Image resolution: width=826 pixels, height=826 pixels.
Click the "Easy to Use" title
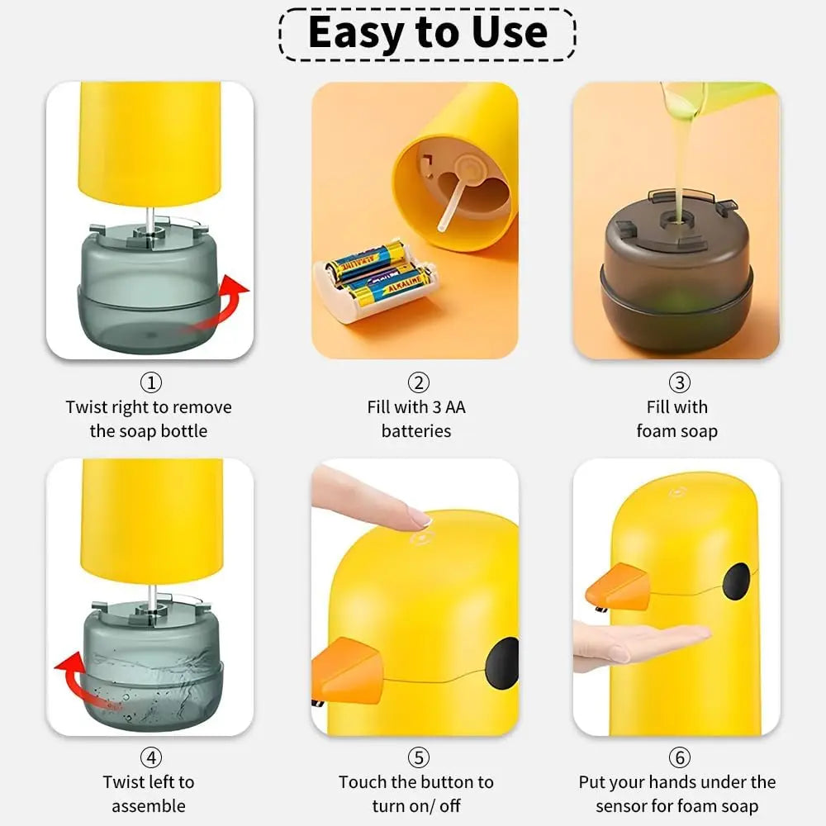tap(427, 33)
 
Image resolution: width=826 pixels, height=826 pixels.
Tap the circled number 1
tap(151, 382)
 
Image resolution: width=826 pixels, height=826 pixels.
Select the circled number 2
tap(418, 382)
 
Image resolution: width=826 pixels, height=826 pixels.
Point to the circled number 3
tap(680, 382)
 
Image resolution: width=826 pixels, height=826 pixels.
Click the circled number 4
tap(151, 757)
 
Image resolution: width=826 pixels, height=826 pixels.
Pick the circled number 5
tap(418, 757)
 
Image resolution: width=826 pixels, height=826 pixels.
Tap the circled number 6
tap(680, 757)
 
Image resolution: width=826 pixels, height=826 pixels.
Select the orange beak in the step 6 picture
tap(618, 586)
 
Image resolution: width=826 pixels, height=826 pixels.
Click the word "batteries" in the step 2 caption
tap(416, 431)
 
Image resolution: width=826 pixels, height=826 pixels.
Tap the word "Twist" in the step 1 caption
tap(87, 407)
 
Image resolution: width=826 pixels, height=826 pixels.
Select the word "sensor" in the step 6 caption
tap(623, 806)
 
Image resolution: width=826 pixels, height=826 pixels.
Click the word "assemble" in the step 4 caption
tap(149, 806)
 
